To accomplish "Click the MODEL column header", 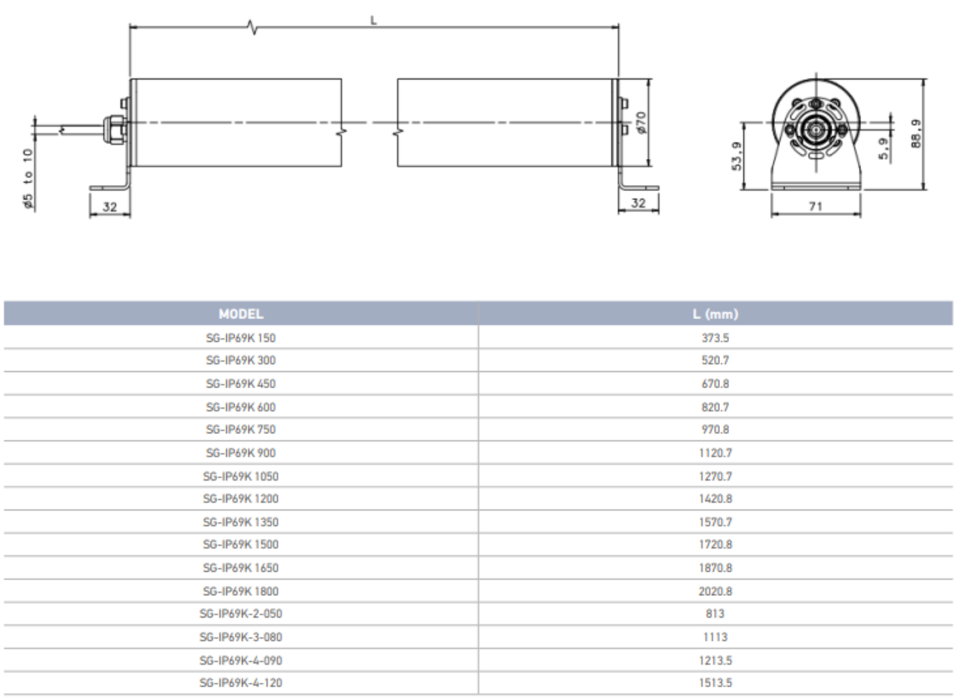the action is point(241,314).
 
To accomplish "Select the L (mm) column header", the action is point(715,314).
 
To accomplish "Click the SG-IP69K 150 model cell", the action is point(241,338).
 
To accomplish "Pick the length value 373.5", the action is point(715,338).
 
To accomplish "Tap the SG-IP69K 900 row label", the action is point(241,453).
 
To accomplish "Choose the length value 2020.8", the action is point(715,591).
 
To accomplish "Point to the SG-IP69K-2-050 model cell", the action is point(241,614).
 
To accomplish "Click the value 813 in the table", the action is point(715,614).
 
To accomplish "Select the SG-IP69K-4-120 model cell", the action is point(241,683).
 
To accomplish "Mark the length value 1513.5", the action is point(715,683).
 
